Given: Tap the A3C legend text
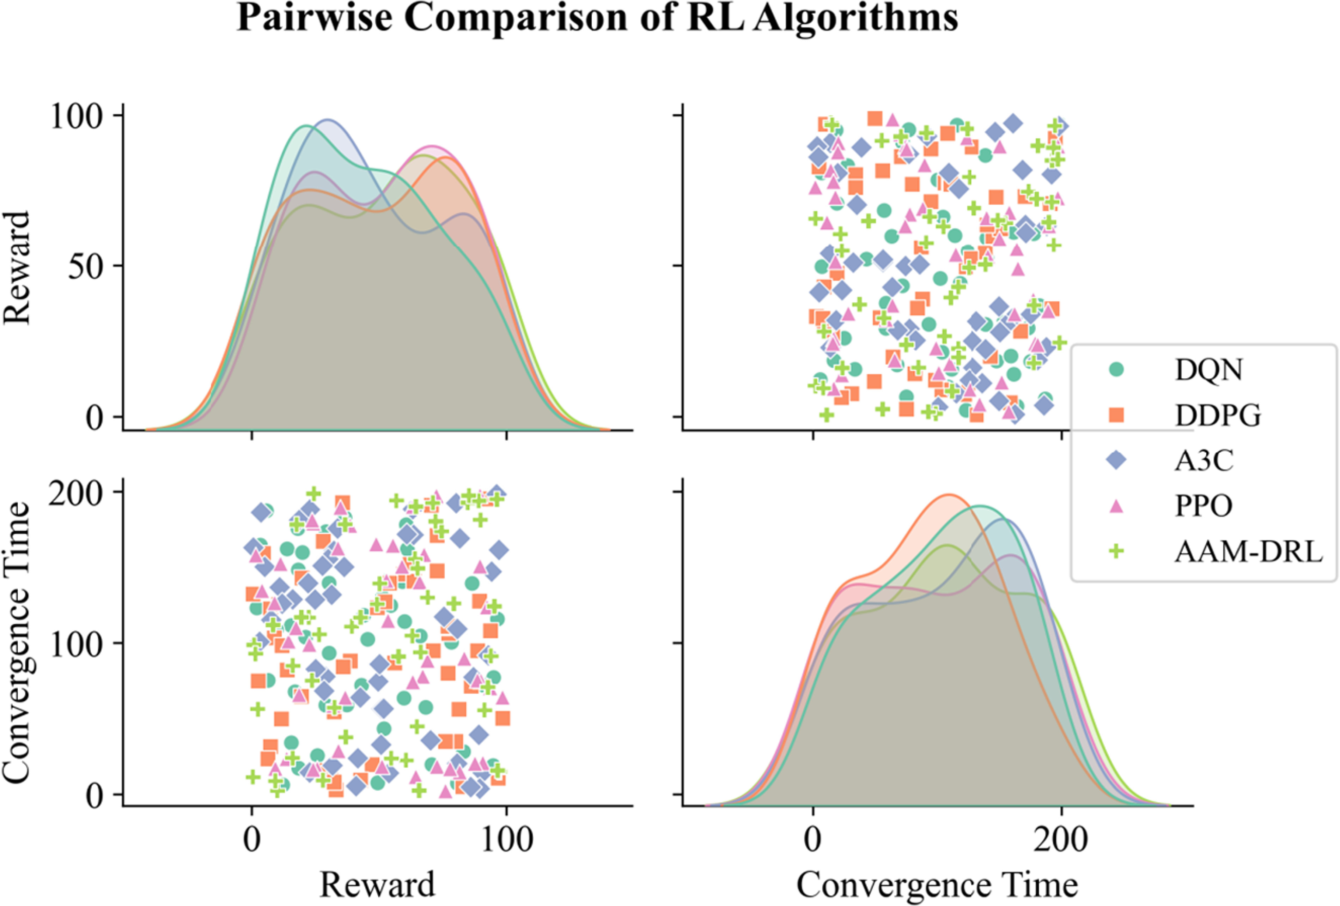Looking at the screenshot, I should tap(1204, 460).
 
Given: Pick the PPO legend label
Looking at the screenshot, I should tap(1203, 506).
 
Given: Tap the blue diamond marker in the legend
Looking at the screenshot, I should tap(1117, 460).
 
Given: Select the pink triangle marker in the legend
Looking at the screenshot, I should tap(1117, 506).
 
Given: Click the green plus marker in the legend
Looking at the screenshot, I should tap(1117, 552).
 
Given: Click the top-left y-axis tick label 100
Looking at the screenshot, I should tap(77, 116).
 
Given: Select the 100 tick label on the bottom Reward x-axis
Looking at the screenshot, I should tap(506, 840).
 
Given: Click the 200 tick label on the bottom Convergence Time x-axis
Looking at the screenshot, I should tap(1060, 840).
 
